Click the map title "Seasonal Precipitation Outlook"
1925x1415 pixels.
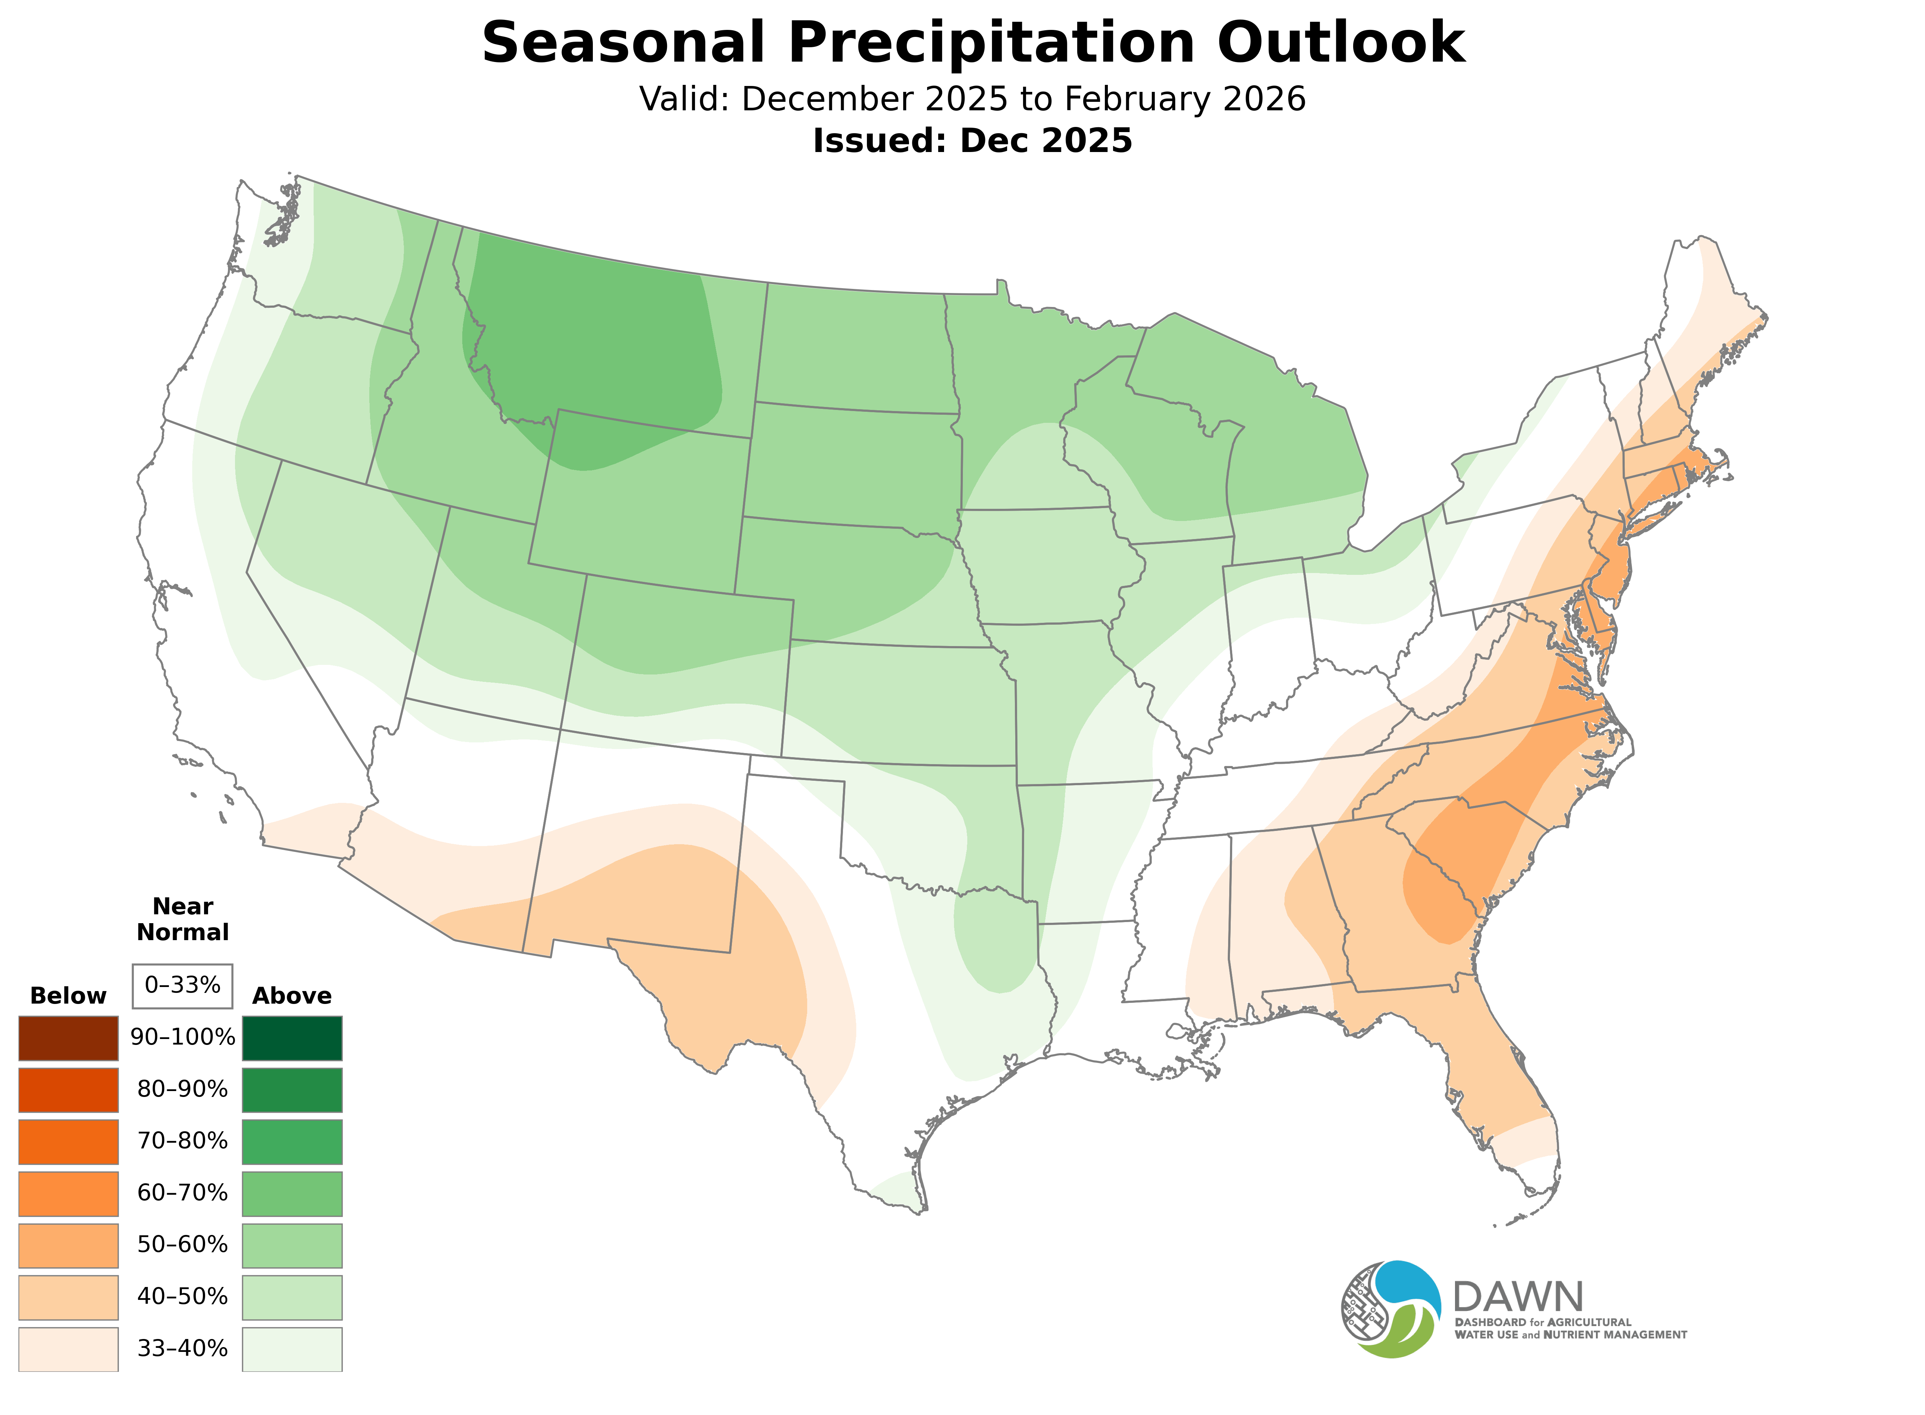(973, 43)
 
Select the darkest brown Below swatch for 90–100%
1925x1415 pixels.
(69, 1038)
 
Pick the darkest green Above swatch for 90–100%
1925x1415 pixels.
(292, 1038)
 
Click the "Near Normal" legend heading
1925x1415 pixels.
(182, 919)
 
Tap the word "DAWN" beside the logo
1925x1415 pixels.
(1518, 1297)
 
